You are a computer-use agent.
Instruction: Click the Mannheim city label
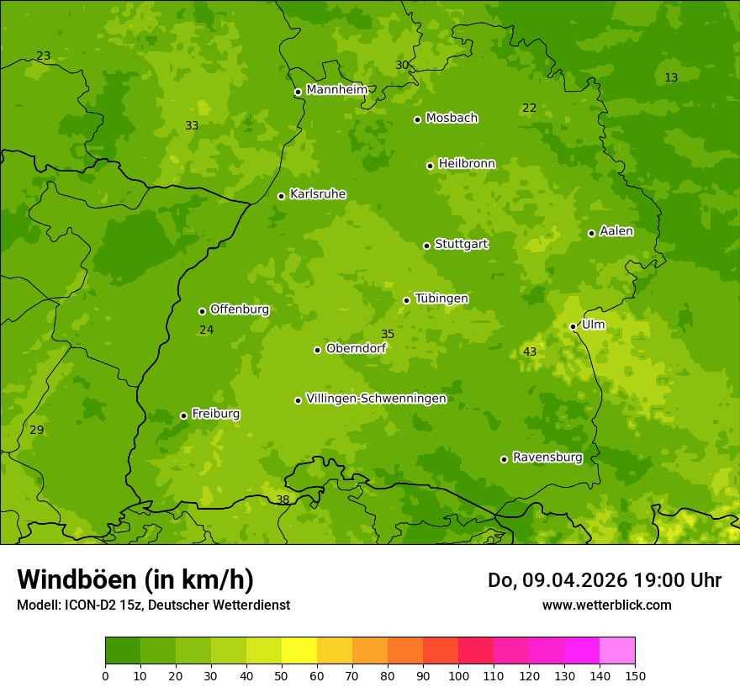(336, 89)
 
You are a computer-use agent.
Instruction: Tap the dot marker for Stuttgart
(426, 246)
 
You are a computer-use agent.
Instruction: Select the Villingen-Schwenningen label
(376, 399)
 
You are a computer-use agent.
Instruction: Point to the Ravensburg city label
(547, 457)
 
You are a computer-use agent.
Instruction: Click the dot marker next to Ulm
(573, 326)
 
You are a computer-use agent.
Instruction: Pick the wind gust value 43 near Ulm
(530, 352)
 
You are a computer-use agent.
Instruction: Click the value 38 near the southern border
(283, 500)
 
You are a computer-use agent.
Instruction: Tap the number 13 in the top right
(671, 77)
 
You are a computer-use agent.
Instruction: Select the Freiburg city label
(215, 414)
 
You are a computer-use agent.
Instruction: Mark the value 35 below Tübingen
(388, 334)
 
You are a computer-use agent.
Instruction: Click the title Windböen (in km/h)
(135, 579)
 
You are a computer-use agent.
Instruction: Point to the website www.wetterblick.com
(606, 605)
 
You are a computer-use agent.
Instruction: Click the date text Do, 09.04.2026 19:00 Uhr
(604, 580)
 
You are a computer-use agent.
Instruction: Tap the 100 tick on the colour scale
(458, 675)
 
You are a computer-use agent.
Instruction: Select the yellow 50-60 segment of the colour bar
(299, 651)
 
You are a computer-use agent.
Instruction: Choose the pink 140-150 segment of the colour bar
(617, 651)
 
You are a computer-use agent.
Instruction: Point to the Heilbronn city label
(467, 163)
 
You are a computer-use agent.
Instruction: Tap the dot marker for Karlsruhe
(281, 196)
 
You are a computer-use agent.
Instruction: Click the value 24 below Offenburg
(206, 330)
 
